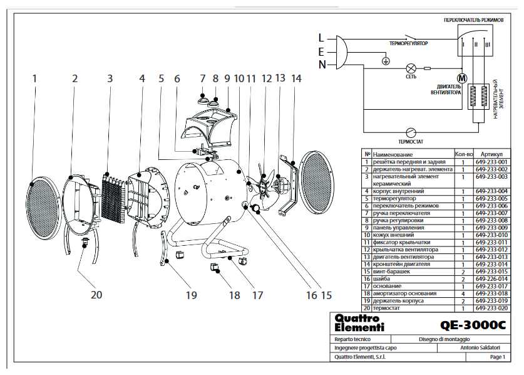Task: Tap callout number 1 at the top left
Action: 34,79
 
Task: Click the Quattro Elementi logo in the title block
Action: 359,324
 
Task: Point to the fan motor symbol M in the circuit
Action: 462,78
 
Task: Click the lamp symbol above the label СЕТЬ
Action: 411,68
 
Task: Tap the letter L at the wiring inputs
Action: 322,37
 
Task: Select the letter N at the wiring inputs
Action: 322,64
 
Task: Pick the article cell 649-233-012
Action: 491,250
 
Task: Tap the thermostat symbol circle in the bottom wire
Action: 411,132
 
